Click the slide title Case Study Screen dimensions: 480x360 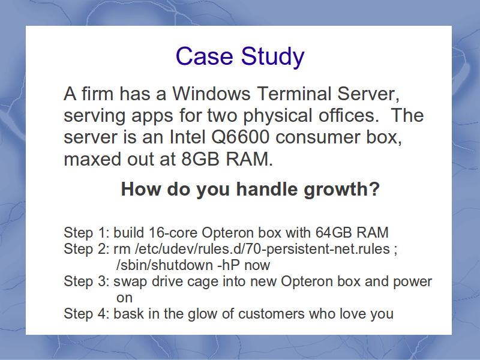[x=240, y=56]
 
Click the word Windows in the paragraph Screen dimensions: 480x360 [x=211, y=94]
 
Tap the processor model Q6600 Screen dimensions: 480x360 [x=241, y=137]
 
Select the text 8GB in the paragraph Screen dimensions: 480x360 [x=200, y=159]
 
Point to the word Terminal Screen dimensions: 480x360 [x=294, y=94]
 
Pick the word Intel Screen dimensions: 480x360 [x=187, y=137]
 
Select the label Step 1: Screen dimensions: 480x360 [x=86, y=233]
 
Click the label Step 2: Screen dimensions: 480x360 [x=86, y=249]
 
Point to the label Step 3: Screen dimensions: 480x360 [x=86, y=281]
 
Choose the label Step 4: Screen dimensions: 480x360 [x=86, y=314]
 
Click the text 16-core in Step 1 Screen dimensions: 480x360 [x=173, y=233]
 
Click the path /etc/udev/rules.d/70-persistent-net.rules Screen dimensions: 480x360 [x=262, y=249]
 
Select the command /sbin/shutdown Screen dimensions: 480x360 [x=164, y=265]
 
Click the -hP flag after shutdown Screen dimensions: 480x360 [x=229, y=265]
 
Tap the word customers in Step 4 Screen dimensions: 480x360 [x=271, y=314]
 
